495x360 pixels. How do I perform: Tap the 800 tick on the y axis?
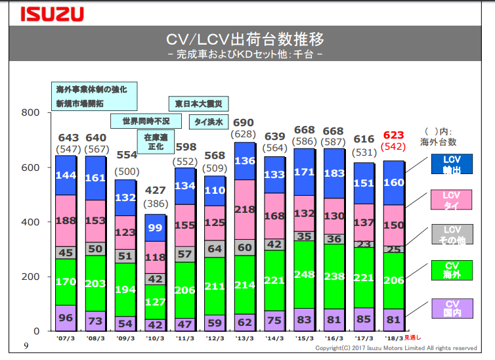(x=33, y=113)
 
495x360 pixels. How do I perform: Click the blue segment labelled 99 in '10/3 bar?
(x=155, y=228)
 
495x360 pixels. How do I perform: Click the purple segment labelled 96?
(x=66, y=317)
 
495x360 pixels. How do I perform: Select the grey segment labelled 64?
(x=214, y=249)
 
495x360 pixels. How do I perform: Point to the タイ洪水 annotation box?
(x=208, y=122)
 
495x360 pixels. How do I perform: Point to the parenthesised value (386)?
(x=155, y=204)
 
